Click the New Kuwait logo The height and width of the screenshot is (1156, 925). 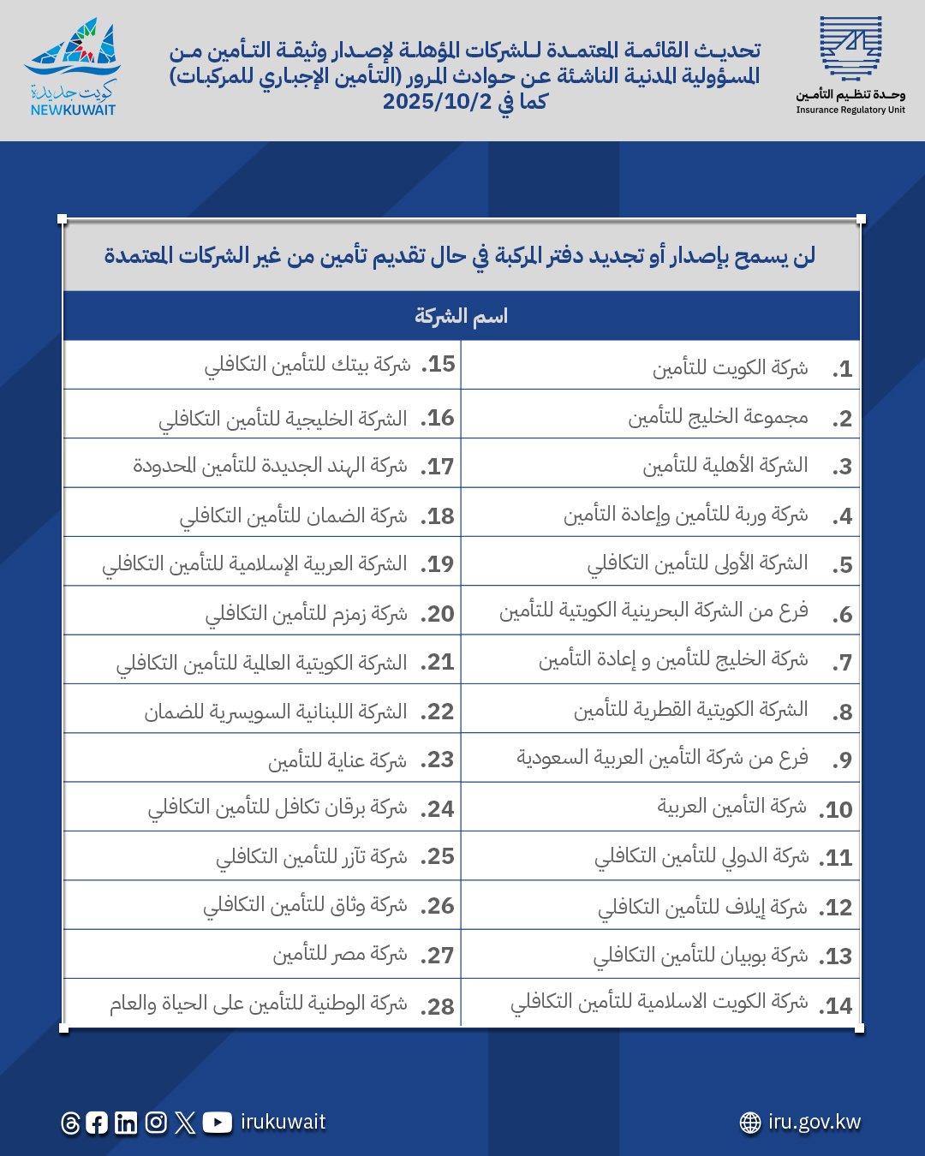tap(73, 69)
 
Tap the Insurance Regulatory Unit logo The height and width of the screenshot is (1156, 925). tap(850, 64)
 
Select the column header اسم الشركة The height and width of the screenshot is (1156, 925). tap(461, 316)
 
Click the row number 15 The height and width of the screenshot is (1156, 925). tap(438, 365)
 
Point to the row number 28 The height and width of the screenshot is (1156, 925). tap(438, 1006)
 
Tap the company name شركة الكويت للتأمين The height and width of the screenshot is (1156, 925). tap(730, 368)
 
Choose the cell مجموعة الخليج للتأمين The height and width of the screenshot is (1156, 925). tap(718, 417)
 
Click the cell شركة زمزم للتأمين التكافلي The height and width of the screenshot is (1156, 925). tap(306, 613)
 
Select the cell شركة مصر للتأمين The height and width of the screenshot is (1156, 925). tap(340, 954)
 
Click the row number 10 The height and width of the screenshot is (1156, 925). tap(837, 809)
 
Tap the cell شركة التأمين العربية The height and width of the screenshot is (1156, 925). tap(731, 807)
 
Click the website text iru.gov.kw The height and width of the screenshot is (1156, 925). tap(814, 1122)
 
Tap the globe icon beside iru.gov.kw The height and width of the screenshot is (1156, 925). tap(750, 1123)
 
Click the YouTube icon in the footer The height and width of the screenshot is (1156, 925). tap(217, 1122)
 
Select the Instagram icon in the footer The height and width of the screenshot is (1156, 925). tap(156, 1122)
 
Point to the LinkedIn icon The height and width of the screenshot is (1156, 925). tap(126, 1123)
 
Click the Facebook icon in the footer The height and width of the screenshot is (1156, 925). tap(97, 1123)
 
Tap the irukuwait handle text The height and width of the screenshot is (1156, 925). tap(283, 1122)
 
